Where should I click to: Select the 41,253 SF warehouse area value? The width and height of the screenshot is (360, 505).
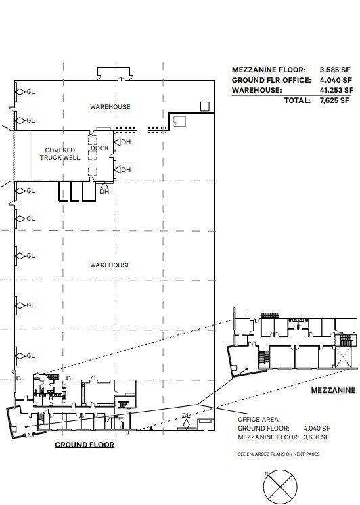pyautogui.click(x=336, y=89)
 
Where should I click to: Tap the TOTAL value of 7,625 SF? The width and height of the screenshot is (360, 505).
pyautogui.click(x=337, y=100)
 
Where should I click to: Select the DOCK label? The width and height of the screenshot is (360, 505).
pyautogui.click(x=99, y=148)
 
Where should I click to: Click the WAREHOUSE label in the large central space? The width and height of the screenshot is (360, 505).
pyautogui.click(x=110, y=265)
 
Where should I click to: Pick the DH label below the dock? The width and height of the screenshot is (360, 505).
pyautogui.click(x=104, y=192)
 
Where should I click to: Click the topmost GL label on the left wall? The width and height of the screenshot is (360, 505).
pyautogui.click(x=30, y=91)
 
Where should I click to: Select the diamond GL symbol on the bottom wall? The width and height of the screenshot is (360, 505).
pyautogui.click(x=187, y=424)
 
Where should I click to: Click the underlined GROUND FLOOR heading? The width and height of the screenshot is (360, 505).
pyautogui.click(x=85, y=445)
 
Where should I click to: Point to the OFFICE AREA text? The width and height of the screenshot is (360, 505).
pyautogui.click(x=254, y=419)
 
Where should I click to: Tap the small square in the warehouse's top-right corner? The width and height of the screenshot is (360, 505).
pyautogui.click(x=204, y=105)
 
